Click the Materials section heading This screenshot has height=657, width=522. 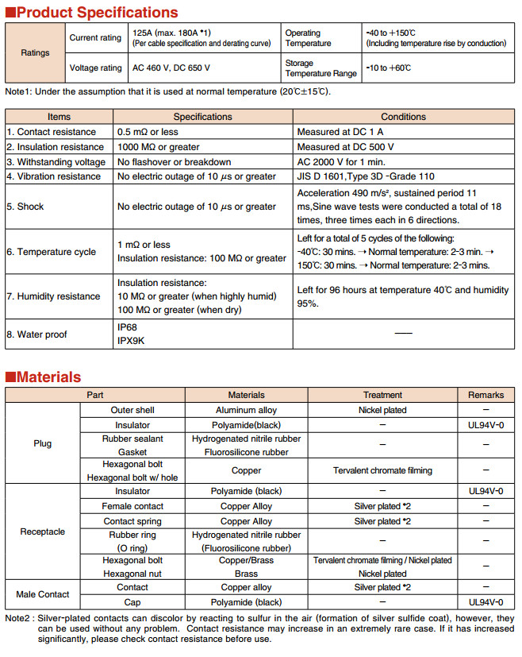pos(48,377)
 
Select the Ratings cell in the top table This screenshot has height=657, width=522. pos(35,52)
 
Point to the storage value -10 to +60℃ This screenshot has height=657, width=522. pos(389,68)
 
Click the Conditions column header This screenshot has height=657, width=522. pos(403,117)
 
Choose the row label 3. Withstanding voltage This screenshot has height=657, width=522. pos(55,161)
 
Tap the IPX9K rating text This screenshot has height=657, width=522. pos(132,341)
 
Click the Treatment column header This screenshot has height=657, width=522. pos(382,395)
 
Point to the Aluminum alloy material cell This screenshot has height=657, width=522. pos(247,410)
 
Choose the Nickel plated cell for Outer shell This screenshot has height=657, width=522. pos(382,410)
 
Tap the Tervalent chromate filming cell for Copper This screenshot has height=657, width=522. pos(382,470)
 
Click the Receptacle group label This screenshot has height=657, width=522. pos(43,531)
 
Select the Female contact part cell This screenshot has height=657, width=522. pos(132,506)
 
